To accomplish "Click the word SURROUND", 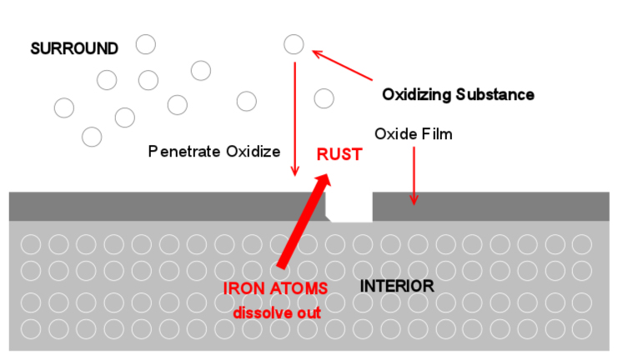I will pos(74,48).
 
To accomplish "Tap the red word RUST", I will pos(339,154).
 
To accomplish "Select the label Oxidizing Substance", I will pos(458,94).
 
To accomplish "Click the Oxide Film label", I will pos(414,133).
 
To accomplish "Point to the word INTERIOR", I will pos(397,286).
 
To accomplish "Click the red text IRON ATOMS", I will pos(275,288).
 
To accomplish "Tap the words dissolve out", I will pos(277,312).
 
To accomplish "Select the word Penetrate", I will pos(178,152).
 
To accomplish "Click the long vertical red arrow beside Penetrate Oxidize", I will pos(294,117).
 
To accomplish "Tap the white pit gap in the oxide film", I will pos(349,206).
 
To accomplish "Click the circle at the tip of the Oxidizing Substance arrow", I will pos(294,44).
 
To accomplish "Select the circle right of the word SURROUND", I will pos(146,44).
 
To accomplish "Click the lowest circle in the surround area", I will pos(92,136).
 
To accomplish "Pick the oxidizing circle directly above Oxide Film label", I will pos(324,98).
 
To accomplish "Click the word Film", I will pos(437,133).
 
